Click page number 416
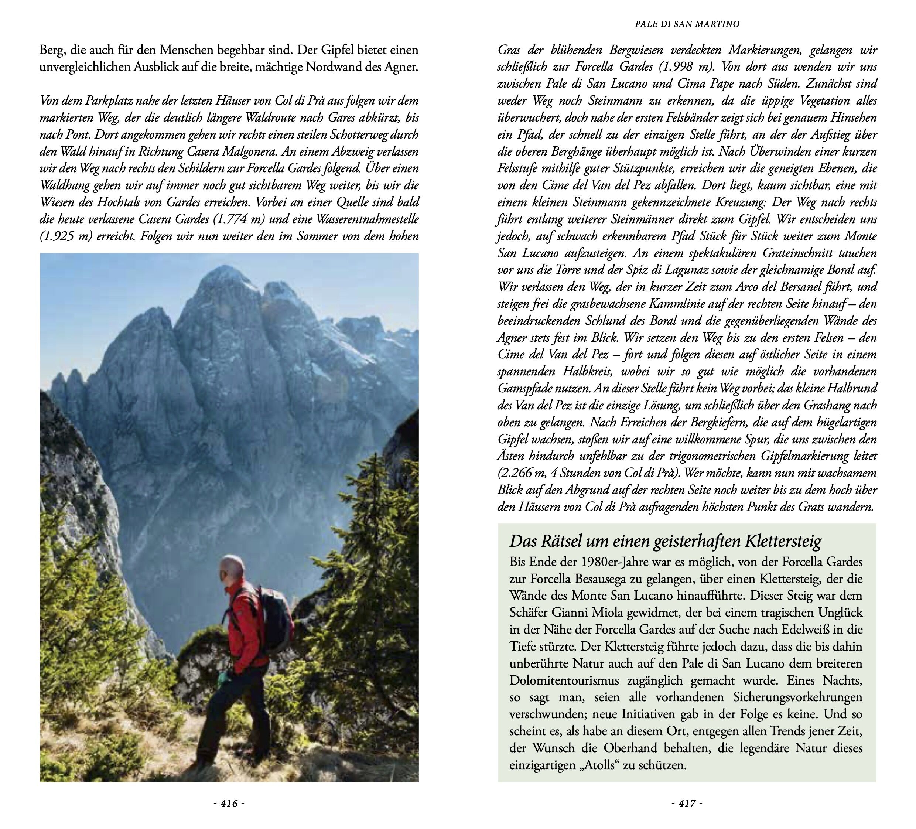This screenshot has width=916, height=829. tap(229, 804)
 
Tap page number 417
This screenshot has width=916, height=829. tap(687, 804)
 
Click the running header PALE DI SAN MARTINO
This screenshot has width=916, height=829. tap(687, 24)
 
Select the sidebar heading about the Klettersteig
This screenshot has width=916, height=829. tap(666, 541)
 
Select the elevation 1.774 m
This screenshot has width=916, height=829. tap(239, 219)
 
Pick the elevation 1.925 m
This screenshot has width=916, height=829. tap(65, 237)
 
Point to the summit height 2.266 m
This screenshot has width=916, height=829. tap(523, 473)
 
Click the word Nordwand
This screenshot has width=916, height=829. tap(332, 67)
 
